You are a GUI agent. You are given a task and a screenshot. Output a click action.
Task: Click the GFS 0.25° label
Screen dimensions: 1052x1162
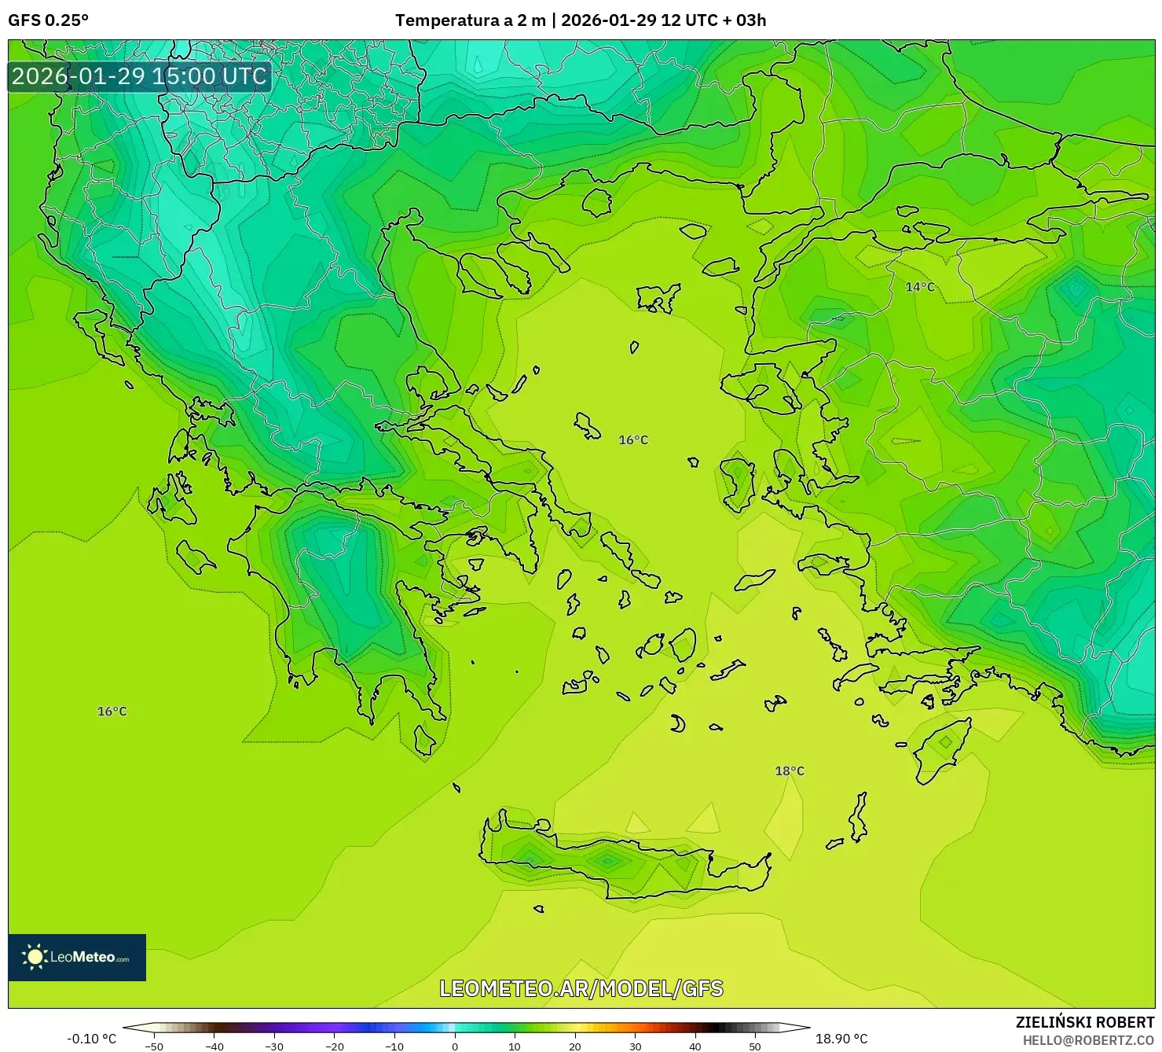pyautogui.click(x=48, y=20)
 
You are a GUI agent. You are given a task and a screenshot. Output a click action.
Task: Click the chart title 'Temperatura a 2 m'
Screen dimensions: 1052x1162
pyautogui.click(x=470, y=20)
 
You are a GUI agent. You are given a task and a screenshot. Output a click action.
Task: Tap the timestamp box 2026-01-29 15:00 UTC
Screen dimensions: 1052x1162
pyautogui.click(x=139, y=76)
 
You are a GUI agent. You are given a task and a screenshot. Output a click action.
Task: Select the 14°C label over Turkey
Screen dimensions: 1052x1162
pyautogui.click(x=920, y=287)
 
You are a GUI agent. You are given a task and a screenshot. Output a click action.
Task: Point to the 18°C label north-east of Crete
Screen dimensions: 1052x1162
pyautogui.click(x=790, y=771)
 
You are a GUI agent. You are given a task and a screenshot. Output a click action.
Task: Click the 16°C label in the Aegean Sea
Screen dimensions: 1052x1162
pyautogui.click(x=633, y=440)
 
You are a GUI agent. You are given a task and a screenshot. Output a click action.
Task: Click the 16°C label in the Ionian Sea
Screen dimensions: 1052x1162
pyautogui.click(x=112, y=711)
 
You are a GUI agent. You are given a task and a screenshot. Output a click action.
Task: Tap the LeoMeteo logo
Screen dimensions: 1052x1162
pyautogui.click(x=77, y=957)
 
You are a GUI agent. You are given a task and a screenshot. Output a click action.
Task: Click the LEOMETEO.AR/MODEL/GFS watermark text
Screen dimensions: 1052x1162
pyautogui.click(x=581, y=988)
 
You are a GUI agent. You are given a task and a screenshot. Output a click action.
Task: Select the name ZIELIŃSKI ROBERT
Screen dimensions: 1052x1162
pyautogui.click(x=1084, y=1023)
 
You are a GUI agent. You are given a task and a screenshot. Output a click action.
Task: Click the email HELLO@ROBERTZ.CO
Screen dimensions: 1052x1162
pyautogui.click(x=1088, y=1040)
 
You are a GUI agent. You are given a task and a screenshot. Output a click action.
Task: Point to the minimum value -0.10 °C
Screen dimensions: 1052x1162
pyautogui.click(x=91, y=1039)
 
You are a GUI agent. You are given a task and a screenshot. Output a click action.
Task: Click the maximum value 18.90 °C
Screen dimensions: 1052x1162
pyautogui.click(x=841, y=1039)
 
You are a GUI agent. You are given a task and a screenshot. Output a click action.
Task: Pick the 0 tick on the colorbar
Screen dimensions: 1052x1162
pyautogui.click(x=454, y=1046)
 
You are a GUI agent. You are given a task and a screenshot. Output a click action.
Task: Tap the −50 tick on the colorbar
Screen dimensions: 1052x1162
pyautogui.click(x=154, y=1046)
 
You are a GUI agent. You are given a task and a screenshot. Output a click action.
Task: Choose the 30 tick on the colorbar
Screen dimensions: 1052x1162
pyautogui.click(x=635, y=1046)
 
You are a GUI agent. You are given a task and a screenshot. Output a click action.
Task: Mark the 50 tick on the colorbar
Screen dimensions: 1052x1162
pyautogui.click(x=755, y=1046)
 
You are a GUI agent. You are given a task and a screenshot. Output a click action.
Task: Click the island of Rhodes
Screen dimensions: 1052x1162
pyautogui.click(x=943, y=748)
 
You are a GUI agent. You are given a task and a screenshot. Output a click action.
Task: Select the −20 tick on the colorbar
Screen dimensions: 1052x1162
pyautogui.click(x=334, y=1046)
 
